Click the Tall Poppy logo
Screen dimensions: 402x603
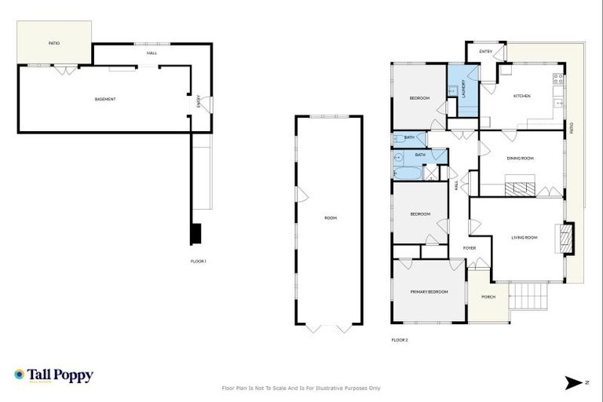(53, 375)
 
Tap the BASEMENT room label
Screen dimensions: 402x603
(105, 99)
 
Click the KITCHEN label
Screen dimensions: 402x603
(522, 96)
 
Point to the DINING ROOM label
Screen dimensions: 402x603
(520, 159)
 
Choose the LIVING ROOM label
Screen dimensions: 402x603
(524, 237)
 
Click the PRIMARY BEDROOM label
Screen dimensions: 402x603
(429, 292)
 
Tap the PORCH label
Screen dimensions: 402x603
(488, 297)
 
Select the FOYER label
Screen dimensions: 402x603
(470, 248)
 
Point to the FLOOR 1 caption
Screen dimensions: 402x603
(198, 261)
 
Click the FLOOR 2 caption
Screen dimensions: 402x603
(400, 340)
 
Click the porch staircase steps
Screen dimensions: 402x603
(528, 298)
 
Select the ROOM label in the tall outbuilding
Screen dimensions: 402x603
(330, 217)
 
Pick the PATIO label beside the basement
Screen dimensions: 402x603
(54, 43)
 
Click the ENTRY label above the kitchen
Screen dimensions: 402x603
(485, 52)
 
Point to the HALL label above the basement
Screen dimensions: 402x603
(152, 53)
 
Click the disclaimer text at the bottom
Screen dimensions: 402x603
(301, 388)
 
